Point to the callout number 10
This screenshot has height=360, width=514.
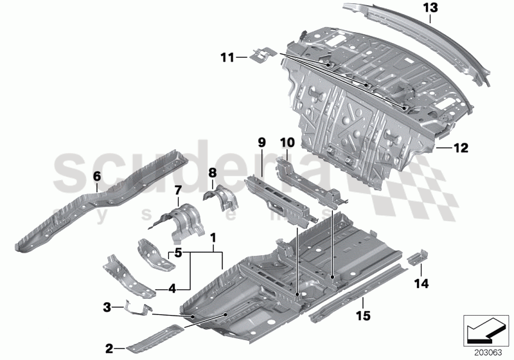(286, 141)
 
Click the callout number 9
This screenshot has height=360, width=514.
(261, 141)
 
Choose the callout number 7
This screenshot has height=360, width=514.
(179, 190)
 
